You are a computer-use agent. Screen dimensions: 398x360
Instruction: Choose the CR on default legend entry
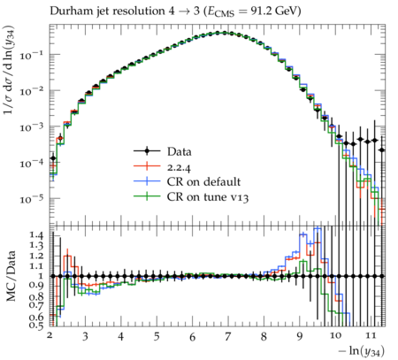(x=188, y=181)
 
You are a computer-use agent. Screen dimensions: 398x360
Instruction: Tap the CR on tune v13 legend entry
(x=191, y=197)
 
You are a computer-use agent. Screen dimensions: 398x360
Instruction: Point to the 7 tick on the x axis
(x=227, y=336)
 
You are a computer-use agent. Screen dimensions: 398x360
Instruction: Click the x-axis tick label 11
(x=371, y=335)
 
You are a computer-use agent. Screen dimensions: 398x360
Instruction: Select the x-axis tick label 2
(x=50, y=335)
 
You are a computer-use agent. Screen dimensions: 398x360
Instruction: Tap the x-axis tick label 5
(x=157, y=336)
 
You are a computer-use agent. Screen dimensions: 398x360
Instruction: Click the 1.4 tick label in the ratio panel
(x=36, y=235)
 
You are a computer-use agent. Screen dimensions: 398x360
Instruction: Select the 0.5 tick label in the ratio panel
(x=36, y=326)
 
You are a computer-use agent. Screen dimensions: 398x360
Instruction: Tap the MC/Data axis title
(x=11, y=276)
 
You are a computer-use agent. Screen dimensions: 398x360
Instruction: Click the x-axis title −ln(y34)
(x=362, y=351)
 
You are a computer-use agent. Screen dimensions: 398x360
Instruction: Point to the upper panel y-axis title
(x=10, y=70)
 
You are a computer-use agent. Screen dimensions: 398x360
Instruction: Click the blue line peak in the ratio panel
(x=318, y=227)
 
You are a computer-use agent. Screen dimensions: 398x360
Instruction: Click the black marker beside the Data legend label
(x=147, y=151)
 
